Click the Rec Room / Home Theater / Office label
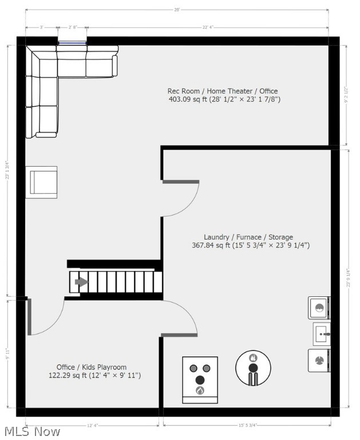pyautogui.click(x=223, y=91)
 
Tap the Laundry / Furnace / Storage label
pyautogui.click(x=248, y=237)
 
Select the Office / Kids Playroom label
pyautogui.click(x=92, y=367)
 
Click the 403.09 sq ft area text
pyautogui.click(x=224, y=100)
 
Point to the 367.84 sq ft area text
pyautogui.click(x=251, y=245)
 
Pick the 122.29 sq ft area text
pyautogui.click(x=94, y=376)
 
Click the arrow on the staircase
pyautogui.click(x=81, y=282)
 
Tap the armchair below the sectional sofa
pyautogui.click(x=42, y=182)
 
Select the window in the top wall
pyautogui.click(x=72, y=42)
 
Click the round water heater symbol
pyautogui.click(x=254, y=368)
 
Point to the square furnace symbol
pyautogui.click(x=200, y=379)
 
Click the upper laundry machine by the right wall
pyautogui.click(x=319, y=308)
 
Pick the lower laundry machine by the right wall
pyautogui.click(x=319, y=360)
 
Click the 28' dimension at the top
pyautogui.click(x=177, y=10)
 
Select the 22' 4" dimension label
pyautogui.click(x=208, y=27)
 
